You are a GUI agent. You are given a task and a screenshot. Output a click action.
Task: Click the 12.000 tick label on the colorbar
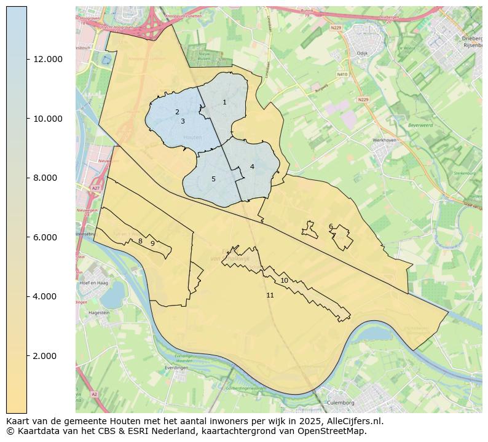pyautogui.click(x=48, y=60)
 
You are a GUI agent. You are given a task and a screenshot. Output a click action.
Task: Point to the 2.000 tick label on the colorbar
pyautogui.click(x=48, y=356)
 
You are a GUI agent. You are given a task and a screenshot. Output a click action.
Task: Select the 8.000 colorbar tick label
pyautogui.click(x=48, y=178)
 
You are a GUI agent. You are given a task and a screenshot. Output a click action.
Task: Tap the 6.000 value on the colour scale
pyautogui.click(x=48, y=237)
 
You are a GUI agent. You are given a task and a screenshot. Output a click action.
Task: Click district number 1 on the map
pyautogui.click(x=224, y=102)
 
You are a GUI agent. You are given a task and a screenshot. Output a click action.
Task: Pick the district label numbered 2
pyautogui.click(x=177, y=112)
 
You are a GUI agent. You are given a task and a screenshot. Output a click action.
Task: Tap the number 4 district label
pyautogui.click(x=252, y=167)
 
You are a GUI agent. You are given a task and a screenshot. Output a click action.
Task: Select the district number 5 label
pyautogui.click(x=213, y=179)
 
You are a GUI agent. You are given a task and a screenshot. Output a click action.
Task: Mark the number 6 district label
pyautogui.click(x=331, y=227)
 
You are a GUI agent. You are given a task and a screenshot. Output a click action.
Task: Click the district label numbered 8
pyautogui.click(x=140, y=241)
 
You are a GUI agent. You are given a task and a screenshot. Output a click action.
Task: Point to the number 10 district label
pyautogui.click(x=284, y=280)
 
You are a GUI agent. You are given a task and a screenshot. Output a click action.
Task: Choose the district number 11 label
pyautogui.click(x=270, y=296)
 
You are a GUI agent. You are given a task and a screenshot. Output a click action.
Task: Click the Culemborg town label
pyautogui.click(x=342, y=403)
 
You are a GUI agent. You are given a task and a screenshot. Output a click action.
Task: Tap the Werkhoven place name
pyautogui.click(x=385, y=140)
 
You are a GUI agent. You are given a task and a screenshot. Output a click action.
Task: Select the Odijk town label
pyautogui.click(x=362, y=53)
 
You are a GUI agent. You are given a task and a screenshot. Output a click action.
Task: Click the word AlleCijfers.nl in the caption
pyautogui.click(x=351, y=422)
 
